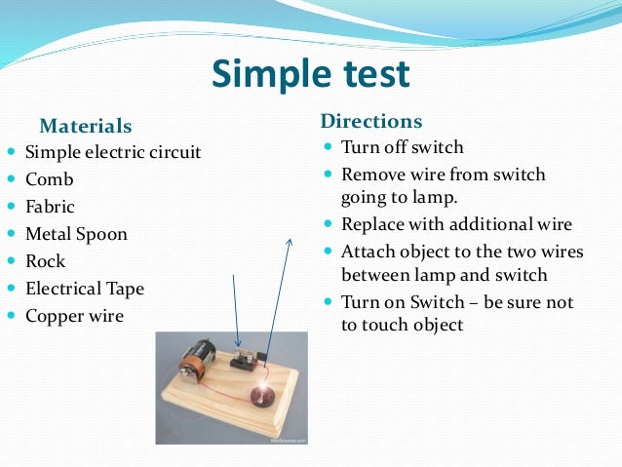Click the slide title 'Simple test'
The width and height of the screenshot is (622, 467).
(x=311, y=73)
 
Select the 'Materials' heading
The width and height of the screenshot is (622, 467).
(x=85, y=126)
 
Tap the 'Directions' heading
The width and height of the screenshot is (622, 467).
(x=370, y=121)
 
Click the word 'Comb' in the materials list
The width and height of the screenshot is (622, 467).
(x=49, y=179)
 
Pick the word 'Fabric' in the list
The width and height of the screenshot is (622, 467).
(x=50, y=207)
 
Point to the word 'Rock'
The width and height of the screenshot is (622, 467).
(x=45, y=261)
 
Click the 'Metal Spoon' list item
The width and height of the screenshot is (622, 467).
(x=76, y=234)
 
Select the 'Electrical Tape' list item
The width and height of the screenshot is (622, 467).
(x=84, y=289)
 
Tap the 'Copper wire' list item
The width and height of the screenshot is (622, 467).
(x=74, y=316)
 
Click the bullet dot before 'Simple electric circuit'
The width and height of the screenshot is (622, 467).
(x=11, y=153)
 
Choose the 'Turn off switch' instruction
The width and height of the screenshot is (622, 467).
(x=402, y=148)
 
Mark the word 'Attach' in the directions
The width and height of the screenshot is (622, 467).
(x=367, y=251)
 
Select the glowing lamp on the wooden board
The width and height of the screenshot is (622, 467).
(x=262, y=395)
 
